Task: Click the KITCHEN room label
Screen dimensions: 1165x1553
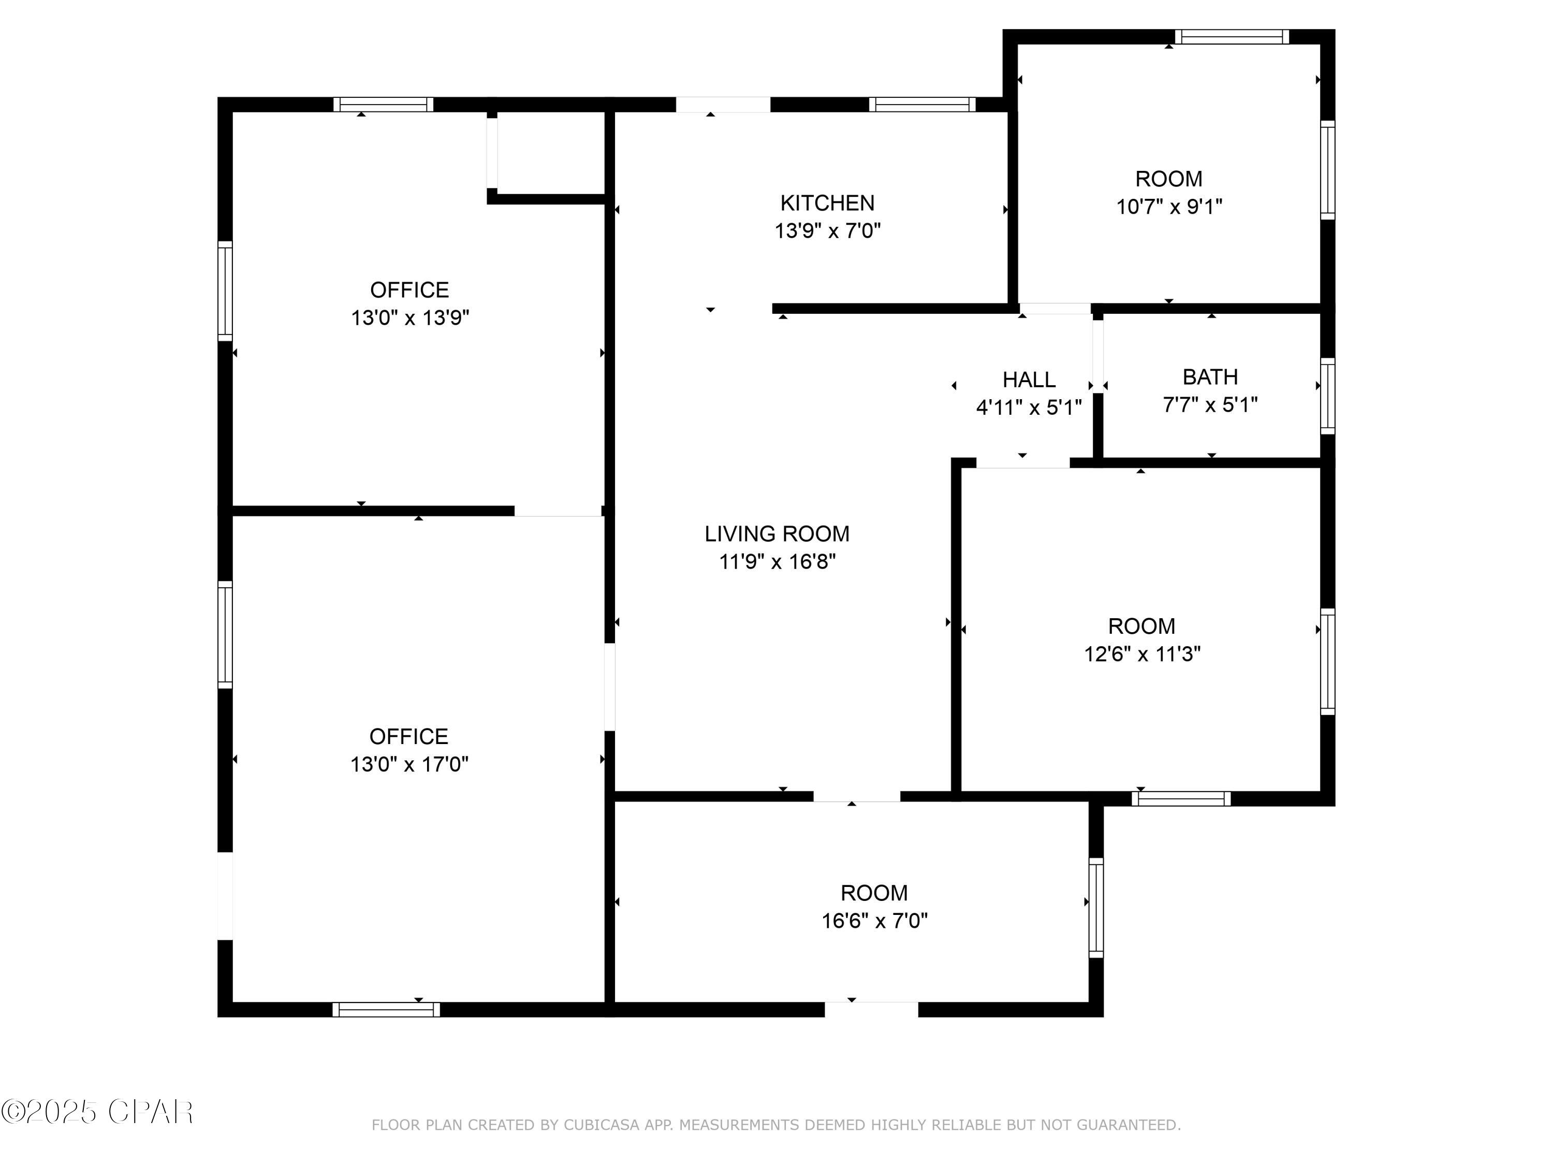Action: (827, 203)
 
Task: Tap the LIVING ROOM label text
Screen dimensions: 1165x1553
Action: (777, 534)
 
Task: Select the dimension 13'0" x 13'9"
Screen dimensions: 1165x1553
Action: (409, 318)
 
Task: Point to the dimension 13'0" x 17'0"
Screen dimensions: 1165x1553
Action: (409, 764)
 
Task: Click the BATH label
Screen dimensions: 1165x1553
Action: (1210, 377)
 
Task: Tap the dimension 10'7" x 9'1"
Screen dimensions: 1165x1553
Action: (1169, 207)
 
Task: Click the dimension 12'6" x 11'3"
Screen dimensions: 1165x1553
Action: (1142, 654)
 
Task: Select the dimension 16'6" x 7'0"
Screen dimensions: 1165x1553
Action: (874, 921)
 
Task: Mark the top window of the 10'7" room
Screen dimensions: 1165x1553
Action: (1232, 37)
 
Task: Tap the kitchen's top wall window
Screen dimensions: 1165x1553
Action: (922, 105)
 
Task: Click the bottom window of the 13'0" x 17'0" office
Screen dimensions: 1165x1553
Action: (386, 1010)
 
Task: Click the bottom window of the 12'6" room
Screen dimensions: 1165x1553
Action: (1180, 798)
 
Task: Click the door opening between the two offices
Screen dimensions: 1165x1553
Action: (558, 511)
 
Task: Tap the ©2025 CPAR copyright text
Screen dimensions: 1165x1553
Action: (97, 1112)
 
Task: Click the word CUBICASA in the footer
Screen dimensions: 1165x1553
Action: (601, 1125)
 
